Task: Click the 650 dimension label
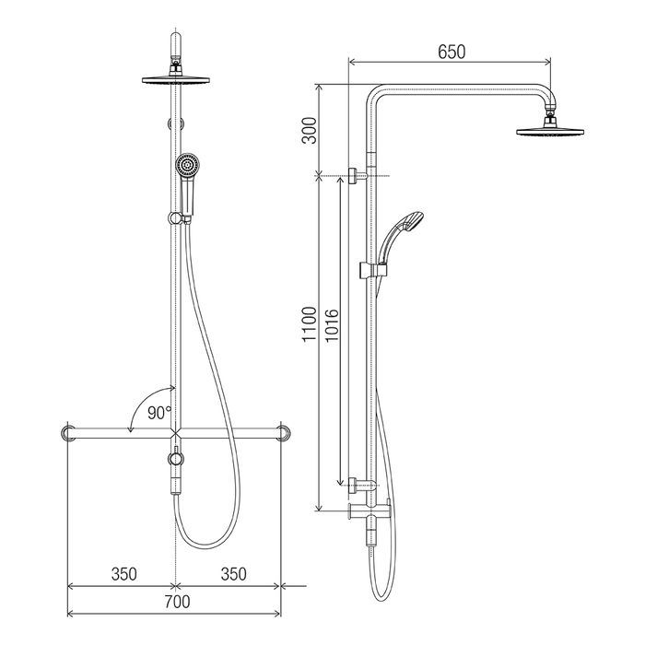tap(451, 53)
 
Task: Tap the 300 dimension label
tap(310, 131)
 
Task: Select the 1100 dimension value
tap(310, 324)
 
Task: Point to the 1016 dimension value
tap(332, 325)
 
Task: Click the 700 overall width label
tap(177, 602)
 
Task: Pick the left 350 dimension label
tap(123, 574)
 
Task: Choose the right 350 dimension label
tap(234, 574)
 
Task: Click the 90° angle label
tap(159, 413)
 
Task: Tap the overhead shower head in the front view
tap(176, 79)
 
